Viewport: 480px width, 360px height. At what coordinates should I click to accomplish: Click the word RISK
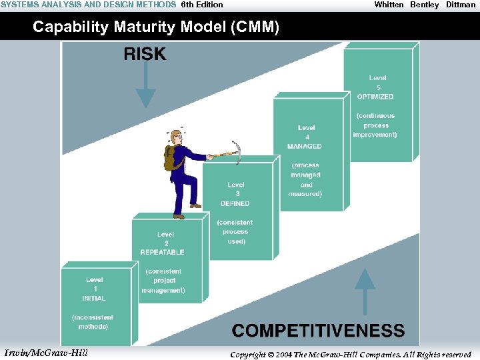145,54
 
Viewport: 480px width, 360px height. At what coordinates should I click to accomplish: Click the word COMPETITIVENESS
318,331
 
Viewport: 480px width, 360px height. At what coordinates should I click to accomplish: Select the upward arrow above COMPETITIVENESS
365,290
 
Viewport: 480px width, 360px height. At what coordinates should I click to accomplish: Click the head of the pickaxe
235,150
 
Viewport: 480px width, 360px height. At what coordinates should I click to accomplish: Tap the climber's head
176,137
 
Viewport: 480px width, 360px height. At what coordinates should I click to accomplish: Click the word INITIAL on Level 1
95,298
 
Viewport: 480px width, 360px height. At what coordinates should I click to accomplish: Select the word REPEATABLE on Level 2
162,252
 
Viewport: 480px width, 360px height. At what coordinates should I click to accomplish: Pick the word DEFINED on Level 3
235,203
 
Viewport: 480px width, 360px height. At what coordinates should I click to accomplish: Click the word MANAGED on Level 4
304,146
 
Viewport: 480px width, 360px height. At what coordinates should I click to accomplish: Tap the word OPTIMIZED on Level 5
375,97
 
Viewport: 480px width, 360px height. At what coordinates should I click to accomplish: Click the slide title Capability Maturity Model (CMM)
156,27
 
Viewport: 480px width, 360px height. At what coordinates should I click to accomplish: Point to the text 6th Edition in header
202,5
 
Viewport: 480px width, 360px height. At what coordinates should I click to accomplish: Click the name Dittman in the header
461,5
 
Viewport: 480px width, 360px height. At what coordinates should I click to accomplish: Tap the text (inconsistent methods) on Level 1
93,322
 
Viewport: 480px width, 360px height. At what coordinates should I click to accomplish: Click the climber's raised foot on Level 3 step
195,206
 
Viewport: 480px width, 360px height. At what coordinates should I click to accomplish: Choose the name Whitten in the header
389,5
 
